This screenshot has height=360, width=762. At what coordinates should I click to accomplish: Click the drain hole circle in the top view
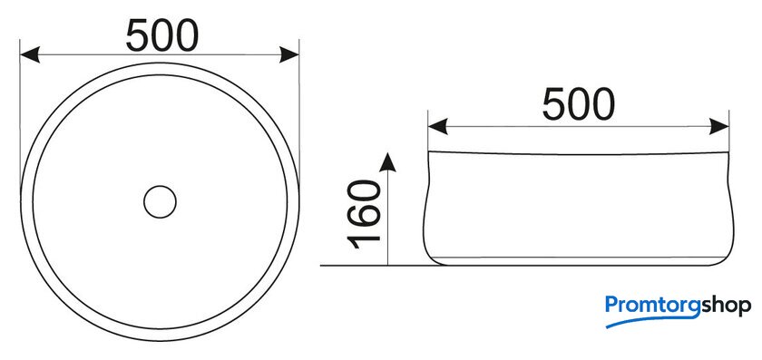tap(160, 186)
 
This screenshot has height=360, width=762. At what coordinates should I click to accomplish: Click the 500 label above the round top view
tap(162, 36)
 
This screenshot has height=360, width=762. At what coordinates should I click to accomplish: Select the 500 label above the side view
tap(579, 105)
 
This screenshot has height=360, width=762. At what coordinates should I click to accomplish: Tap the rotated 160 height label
tap(365, 214)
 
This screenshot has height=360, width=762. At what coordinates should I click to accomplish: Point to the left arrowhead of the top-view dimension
tap(29, 54)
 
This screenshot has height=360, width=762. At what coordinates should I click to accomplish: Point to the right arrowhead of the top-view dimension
tap(289, 54)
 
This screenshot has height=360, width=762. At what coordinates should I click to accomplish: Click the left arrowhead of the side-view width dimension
tap(437, 126)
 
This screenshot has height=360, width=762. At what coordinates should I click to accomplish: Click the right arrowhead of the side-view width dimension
tap(719, 126)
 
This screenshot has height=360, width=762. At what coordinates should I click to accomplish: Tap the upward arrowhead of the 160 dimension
tap(387, 162)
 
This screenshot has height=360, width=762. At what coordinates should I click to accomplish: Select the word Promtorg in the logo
tap(652, 306)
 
